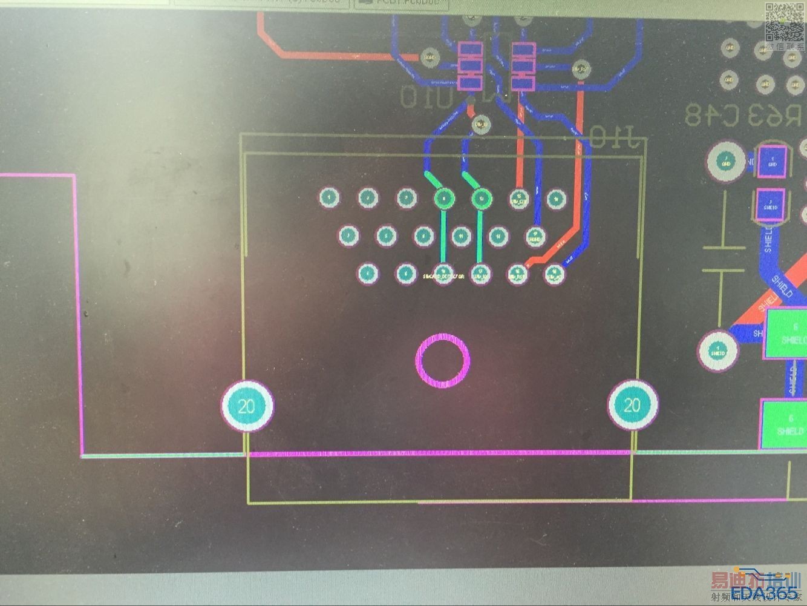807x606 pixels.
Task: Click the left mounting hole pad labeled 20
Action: pyautogui.click(x=247, y=406)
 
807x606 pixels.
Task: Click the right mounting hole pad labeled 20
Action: pyautogui.click(x=632, y=405)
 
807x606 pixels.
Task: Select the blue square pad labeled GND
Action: pyautogui.click(x=772, y=162)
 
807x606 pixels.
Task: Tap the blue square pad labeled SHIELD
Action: pyautogui.click(x=770, y=205)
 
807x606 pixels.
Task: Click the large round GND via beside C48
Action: pyautogui.click(x=725, y=162)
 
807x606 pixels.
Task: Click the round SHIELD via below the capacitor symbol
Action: pyautogui.click(x=718, y=351)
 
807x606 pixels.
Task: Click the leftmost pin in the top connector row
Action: pyautogui.click(x=329, y=197)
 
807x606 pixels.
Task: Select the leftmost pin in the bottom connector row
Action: pyautogui.click(x=367, y=274)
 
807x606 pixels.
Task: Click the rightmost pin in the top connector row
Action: pyautogui.click(x=555, y=198)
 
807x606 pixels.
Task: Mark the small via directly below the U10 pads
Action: pyautogui.click(x=481, y=125)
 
